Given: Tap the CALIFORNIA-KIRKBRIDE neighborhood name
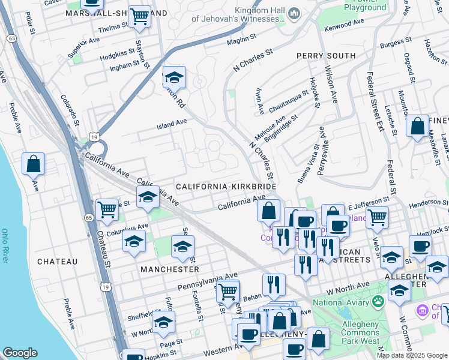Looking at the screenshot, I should (x=226, y=187).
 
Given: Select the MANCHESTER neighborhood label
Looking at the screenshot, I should (x=169, y=270).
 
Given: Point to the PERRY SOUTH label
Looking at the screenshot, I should (x=326, y=55).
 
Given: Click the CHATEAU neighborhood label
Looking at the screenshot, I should (x=58, y=262).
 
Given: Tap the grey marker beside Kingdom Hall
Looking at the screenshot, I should (x=294, y=14).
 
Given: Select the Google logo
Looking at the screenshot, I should (x=20, y=353).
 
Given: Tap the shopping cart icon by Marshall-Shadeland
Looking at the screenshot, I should (x=140, y=16).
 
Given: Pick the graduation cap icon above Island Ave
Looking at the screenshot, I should (x=174, y=77).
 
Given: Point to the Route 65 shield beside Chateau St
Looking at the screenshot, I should (x=88, y=218).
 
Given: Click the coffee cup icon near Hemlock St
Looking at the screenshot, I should (x=420, y=246).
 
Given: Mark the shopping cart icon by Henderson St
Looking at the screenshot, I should (x=377, y=218).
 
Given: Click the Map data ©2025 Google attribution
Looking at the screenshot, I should (x=411, y=355).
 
